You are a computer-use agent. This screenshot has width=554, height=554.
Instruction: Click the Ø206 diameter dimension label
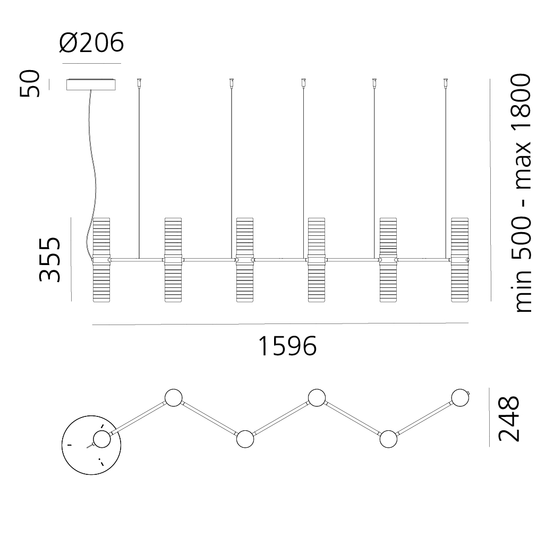pos(91,42)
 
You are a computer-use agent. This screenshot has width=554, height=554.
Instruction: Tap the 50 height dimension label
pos(30,83)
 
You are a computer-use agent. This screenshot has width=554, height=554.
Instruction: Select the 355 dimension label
pos(49,260)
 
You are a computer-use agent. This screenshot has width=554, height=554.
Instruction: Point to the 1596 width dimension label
pos(287,346)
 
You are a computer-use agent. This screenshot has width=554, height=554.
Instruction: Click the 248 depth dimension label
pos(509,419)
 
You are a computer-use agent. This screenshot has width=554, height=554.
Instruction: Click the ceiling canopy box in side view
pos(91,84)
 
